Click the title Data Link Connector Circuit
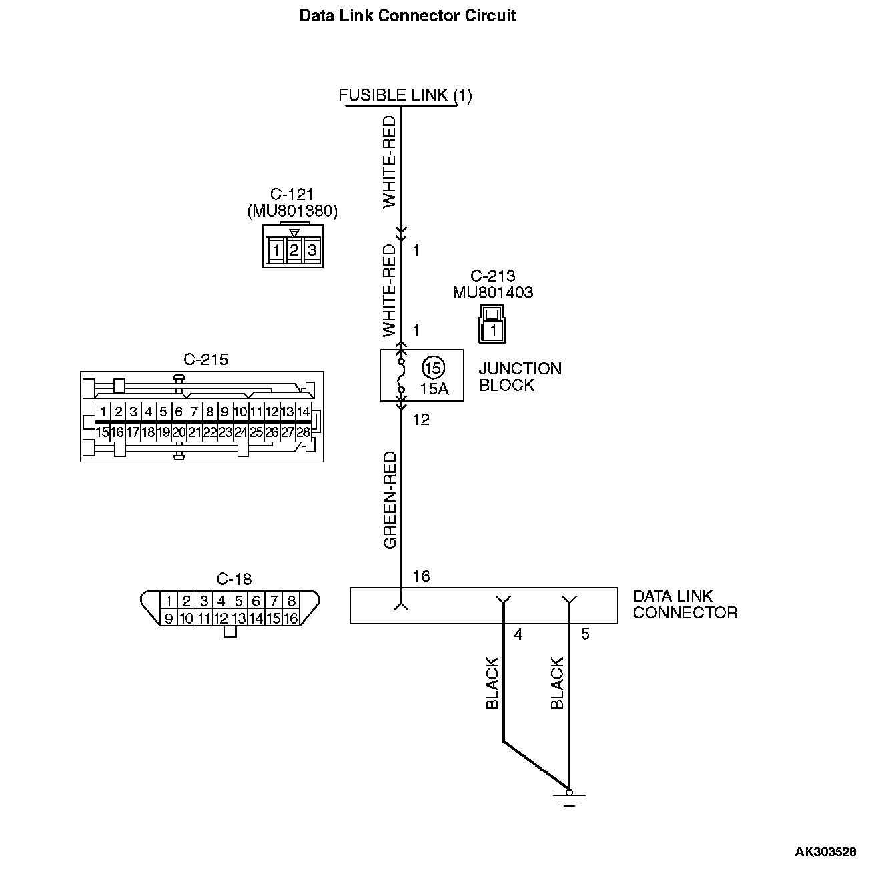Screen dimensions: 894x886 pos(407,16)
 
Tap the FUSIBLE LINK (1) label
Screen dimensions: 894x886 pos(405,95)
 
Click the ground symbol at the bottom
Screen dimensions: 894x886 pos(569,797)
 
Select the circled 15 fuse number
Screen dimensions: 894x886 pos(433,368)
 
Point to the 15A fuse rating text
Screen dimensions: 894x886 pos(434,388)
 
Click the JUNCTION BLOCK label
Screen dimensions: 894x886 pos(520,377)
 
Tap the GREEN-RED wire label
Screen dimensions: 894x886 pos(390,500)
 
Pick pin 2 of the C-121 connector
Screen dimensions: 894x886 pos(294,251)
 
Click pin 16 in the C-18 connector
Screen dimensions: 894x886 pos(291,618)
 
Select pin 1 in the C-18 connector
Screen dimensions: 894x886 pos(169,601)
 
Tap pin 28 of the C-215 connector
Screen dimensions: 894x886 pos(303,432)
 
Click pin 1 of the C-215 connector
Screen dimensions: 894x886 pos(103,412)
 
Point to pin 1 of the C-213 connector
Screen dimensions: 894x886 pos(493,330)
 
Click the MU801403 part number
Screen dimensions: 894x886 pos(492,292)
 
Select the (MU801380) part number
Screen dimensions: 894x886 pos(292,211)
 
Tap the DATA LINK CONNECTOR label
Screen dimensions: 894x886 pos(685,604)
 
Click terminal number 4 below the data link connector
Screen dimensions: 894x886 pos(518,634)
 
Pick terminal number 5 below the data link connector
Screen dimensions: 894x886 pos(585,634)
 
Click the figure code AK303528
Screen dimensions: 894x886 pos(825,851)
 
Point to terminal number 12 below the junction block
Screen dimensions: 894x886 pos(421,420)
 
